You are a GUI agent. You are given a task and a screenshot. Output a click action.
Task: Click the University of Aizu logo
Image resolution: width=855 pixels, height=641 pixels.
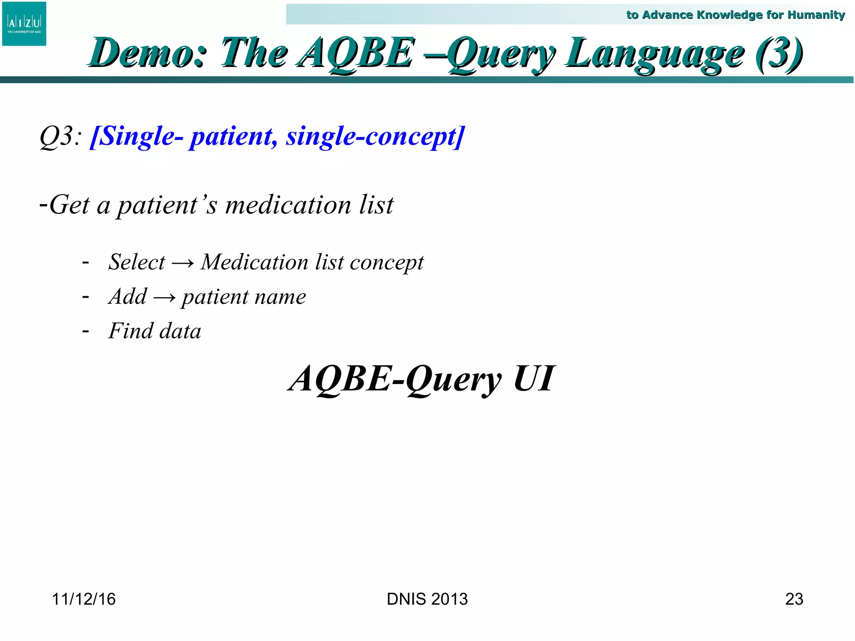tap(24, 24)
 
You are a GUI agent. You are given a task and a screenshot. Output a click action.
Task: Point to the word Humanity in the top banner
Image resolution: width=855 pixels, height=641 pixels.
tap(816, 15)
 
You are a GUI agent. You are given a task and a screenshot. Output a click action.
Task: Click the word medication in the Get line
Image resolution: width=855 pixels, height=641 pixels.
tap(288, 205)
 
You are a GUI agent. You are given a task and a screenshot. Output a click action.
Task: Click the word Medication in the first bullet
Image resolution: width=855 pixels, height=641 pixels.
tap(254, 262)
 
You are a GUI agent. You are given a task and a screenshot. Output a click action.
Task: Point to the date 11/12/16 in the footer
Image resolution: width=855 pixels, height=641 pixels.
tap(83, 599)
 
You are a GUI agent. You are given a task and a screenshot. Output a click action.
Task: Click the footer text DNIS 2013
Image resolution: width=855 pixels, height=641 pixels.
tap(427, 599)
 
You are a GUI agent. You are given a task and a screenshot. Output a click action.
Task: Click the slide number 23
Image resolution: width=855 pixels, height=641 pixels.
tap(794, 599)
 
